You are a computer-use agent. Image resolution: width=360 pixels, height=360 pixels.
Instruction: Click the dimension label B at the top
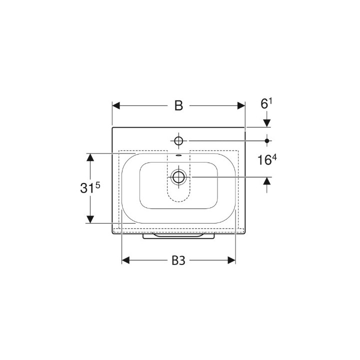coord(178,105)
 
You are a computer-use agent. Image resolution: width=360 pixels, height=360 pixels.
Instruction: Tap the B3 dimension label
coord(178,260)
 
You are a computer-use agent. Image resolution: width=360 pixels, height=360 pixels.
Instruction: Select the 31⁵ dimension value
coord(90,187)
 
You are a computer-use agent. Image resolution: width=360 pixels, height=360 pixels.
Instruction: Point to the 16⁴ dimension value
coord(267,160)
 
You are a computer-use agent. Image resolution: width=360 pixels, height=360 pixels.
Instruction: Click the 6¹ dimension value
coord(266,103)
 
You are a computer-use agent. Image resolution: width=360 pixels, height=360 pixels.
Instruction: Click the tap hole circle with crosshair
coord(178,140)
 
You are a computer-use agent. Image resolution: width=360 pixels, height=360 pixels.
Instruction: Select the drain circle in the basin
coord(178,177)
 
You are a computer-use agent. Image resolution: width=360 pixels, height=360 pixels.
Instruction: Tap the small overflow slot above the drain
coord(178,155)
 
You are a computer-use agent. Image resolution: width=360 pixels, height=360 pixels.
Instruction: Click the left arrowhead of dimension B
coord(116,106)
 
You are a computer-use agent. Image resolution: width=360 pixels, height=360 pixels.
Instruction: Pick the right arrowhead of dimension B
coord(241,106)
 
